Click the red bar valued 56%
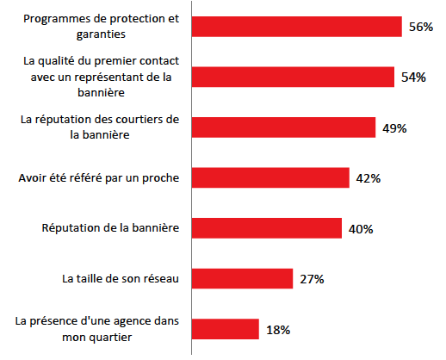296,27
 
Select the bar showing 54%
293,77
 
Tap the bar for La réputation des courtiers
283,127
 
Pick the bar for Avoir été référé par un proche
269,177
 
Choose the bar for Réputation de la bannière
267,228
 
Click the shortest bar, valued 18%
225,329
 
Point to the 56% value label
420,27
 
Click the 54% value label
413,78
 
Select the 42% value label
367,178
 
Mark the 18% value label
277,330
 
